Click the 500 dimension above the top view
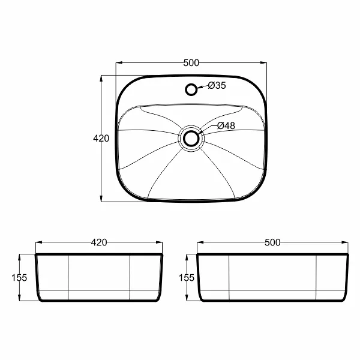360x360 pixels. (x=191, y=62)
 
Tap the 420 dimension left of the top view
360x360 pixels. (x=101, y=139)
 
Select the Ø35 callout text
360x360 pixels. (x=217, y=85)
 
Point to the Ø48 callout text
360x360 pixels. (x=226, y=125)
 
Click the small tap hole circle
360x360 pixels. (x=191, y=89)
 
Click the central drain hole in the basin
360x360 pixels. (x=191, y=138)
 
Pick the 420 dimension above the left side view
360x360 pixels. (x=99, y=242)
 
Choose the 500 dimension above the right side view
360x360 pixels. (x=272, y=242)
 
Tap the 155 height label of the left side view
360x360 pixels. (x=19, y=278)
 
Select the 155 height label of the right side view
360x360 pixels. (x=187, y=278)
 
